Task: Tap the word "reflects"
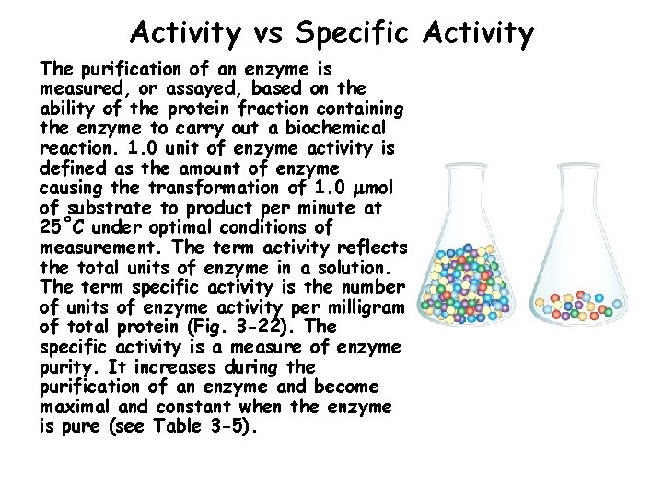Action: pos(370,248)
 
